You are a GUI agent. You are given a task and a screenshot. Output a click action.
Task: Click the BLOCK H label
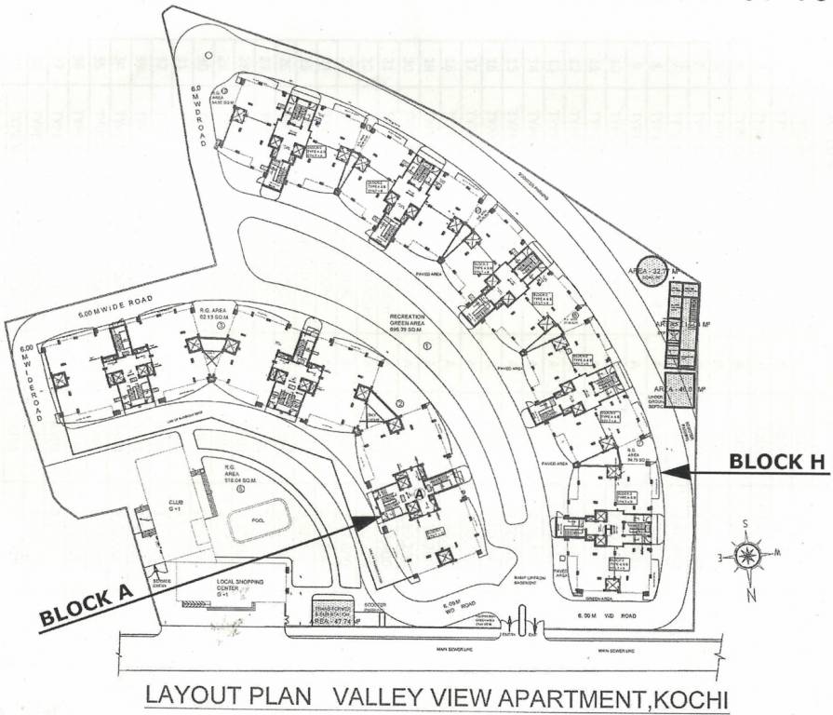pyautogui.click(x=778, y=461)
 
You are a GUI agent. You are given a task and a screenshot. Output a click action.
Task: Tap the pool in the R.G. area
pyautogui.click(x=252, y=521)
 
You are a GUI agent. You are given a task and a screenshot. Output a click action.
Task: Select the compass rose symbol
pyautogui.click(x=747, y=557)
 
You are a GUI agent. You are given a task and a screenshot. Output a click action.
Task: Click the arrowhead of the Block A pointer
pyautogui.click(x=377, y=519)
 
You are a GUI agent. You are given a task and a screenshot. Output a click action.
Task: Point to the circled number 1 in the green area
pyautogui.click(x=427, y=345)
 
